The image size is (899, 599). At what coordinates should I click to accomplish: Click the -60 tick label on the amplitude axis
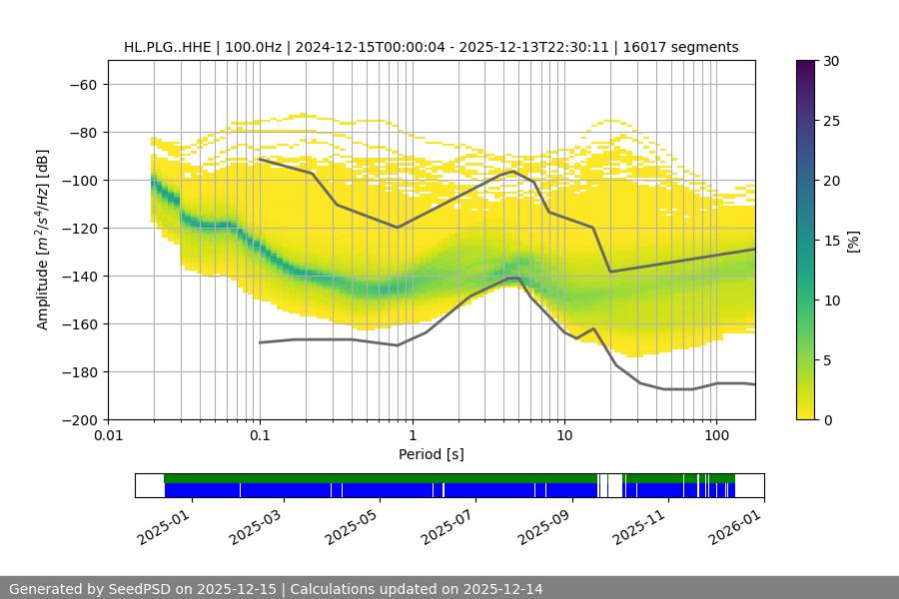coord(84,84)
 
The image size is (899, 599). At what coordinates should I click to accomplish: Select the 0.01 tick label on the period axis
coord(108,436)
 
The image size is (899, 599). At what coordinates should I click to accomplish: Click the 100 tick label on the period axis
coord(715,436)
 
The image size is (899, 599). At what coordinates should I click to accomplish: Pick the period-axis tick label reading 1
coord(412,436)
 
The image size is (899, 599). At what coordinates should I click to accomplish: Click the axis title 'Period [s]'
coord(432,454)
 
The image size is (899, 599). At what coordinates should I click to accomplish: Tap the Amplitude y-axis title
coord(42,240)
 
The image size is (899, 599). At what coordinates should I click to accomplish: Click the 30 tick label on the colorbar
coord(831,61)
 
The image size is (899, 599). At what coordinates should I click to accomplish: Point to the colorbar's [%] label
coord(853,241)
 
